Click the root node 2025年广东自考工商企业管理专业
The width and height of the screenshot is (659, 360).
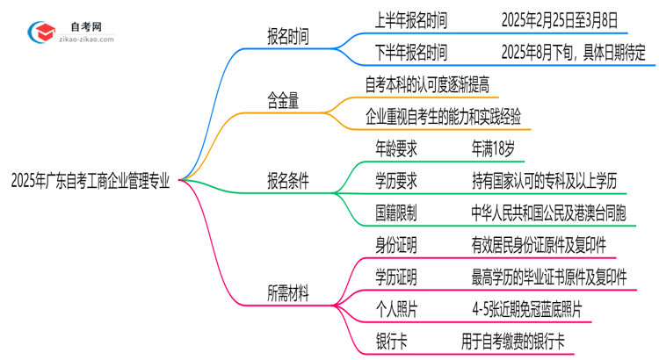point(91,181)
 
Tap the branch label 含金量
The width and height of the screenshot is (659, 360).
point(283,101)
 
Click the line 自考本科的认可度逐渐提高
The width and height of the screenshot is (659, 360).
point(430,85)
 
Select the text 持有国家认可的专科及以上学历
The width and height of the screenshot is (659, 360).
point(545,181)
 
